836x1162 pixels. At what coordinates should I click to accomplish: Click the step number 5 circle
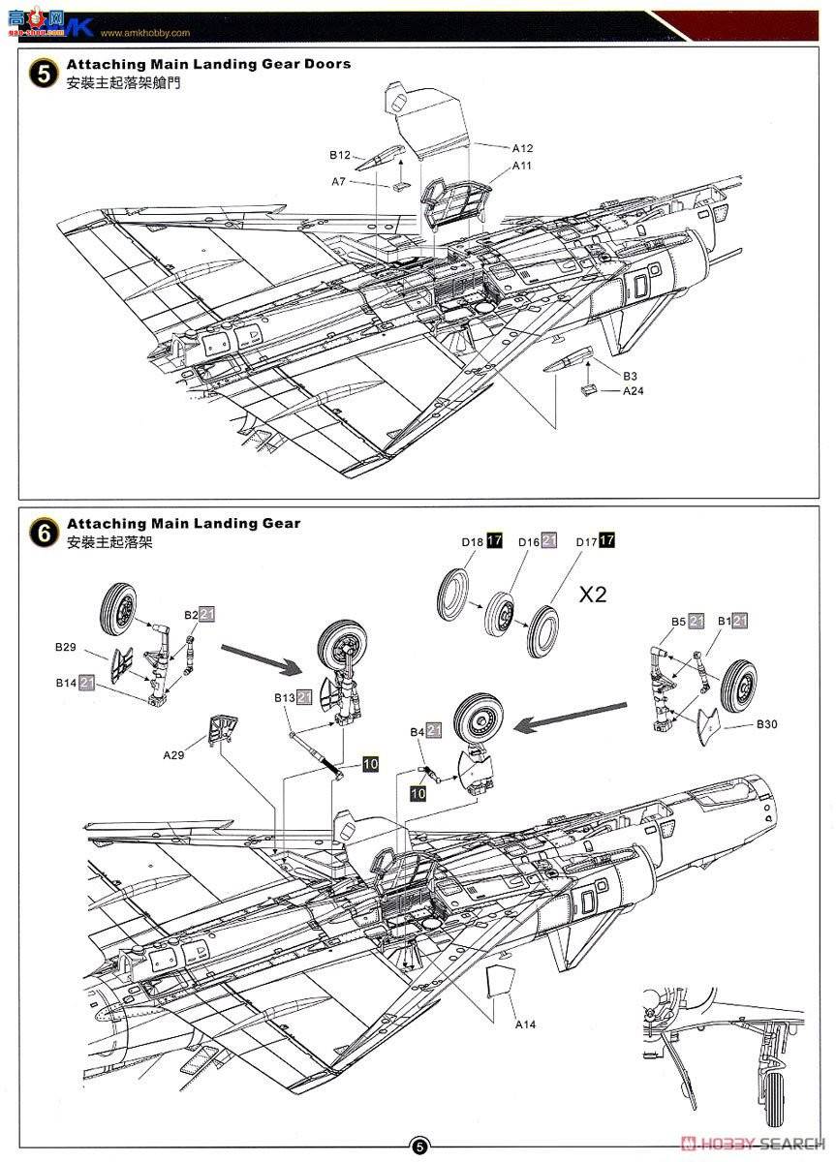tap(44, 74)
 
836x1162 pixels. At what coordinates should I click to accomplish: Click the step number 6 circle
tap(44, 533)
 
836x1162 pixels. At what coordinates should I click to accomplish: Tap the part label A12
tap(522, 148)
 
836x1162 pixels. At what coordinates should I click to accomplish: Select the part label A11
tap(522, 166)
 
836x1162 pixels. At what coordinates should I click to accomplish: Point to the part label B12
tap(339, 154)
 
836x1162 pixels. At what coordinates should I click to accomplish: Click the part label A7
tap(339, 181)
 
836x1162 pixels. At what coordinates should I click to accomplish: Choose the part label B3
tap(630, 376)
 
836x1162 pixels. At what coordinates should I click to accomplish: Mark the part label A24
tap(633, 391)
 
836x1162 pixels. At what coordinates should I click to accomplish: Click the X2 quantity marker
tap(593, 595)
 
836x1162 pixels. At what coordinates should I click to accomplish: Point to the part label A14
tap(525, 1024)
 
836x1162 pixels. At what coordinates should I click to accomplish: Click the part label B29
tap(67, 646)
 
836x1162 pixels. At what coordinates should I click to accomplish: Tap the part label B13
tap(284, 697)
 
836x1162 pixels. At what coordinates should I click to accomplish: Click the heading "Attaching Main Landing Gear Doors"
tap(208, 64)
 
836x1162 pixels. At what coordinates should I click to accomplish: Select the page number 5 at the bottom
tap(418, 1147)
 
